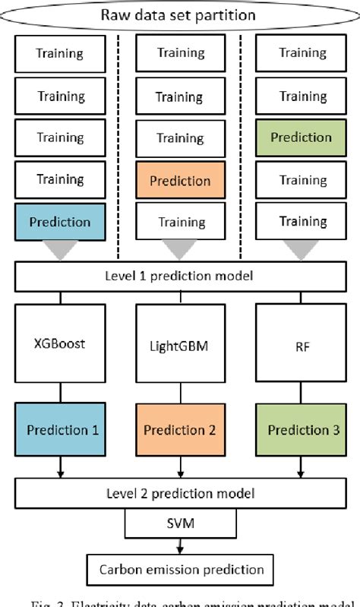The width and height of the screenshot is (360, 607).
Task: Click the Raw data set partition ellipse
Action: pos(180,14)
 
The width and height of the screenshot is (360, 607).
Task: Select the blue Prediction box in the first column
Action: pos(60,222)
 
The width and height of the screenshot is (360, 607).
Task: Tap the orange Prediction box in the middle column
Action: pos(180,181)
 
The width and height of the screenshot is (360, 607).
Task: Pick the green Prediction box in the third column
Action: pos(301,138)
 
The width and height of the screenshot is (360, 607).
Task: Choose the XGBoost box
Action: pos(60,343)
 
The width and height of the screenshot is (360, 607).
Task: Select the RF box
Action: pos(301,343)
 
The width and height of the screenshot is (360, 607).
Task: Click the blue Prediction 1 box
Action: pos(60,429)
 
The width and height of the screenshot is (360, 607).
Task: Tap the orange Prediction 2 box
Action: pos(180,429)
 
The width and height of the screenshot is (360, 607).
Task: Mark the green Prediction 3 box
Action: pos(301,429)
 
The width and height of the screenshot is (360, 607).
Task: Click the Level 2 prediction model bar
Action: pos(180,493)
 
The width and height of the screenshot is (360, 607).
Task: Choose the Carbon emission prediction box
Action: pos(180,568)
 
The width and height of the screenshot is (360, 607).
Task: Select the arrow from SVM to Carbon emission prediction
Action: pos(180,545)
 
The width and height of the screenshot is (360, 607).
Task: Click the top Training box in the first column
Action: pos(60,54)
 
